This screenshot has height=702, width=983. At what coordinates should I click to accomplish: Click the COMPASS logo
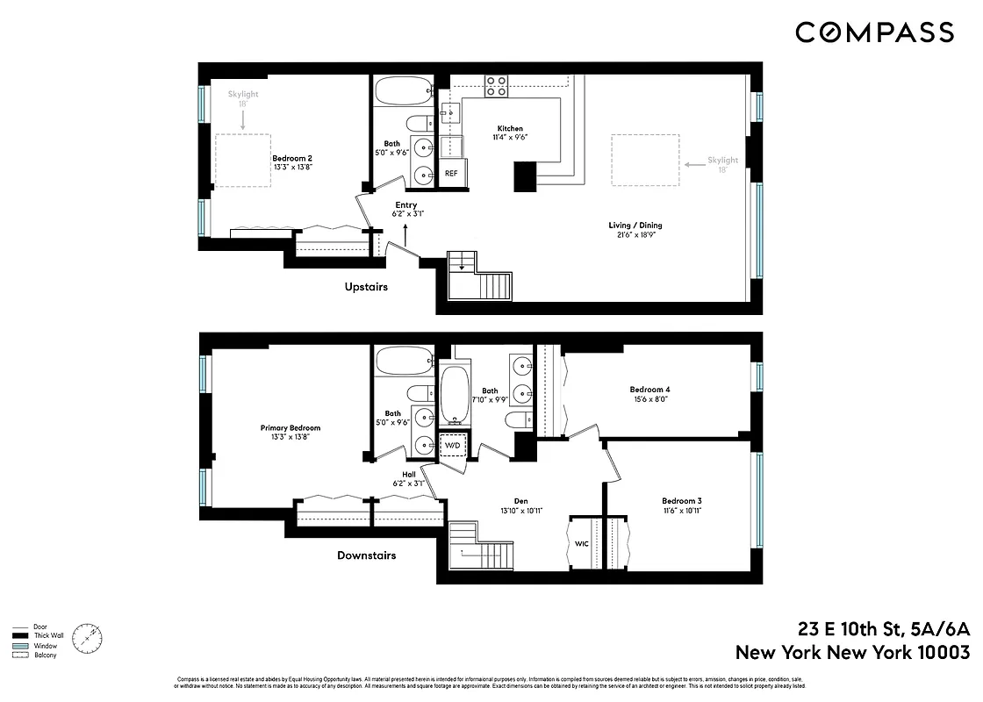coord(874,32)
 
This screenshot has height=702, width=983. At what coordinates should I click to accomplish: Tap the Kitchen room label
coord(508,128)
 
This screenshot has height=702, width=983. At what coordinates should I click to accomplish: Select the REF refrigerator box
coord(451,174)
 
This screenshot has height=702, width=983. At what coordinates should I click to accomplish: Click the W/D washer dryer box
coord(453,446)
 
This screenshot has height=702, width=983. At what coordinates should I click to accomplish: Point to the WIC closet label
coord(582,544)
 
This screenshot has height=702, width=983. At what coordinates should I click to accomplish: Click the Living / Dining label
coord(635,226)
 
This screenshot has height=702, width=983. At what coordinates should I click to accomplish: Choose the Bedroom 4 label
coord(649,390)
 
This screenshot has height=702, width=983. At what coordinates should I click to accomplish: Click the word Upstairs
coord(366,287)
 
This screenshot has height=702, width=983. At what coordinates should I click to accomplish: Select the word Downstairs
coord(366,555)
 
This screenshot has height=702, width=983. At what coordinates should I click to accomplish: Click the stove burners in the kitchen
coord(496,85)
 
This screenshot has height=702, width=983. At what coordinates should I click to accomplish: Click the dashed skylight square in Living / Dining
coord(645,160)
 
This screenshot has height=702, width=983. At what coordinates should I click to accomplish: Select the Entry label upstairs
coord(405,205)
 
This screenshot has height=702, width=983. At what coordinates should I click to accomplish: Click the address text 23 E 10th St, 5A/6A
coord(884,629)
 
